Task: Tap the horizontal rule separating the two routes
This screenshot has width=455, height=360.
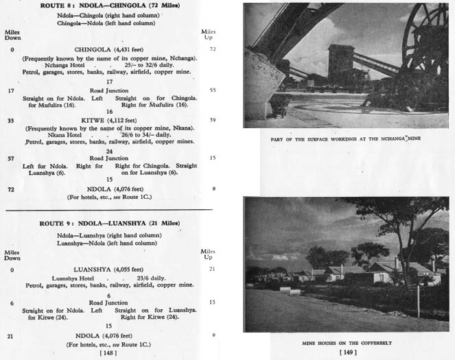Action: point(110,208)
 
